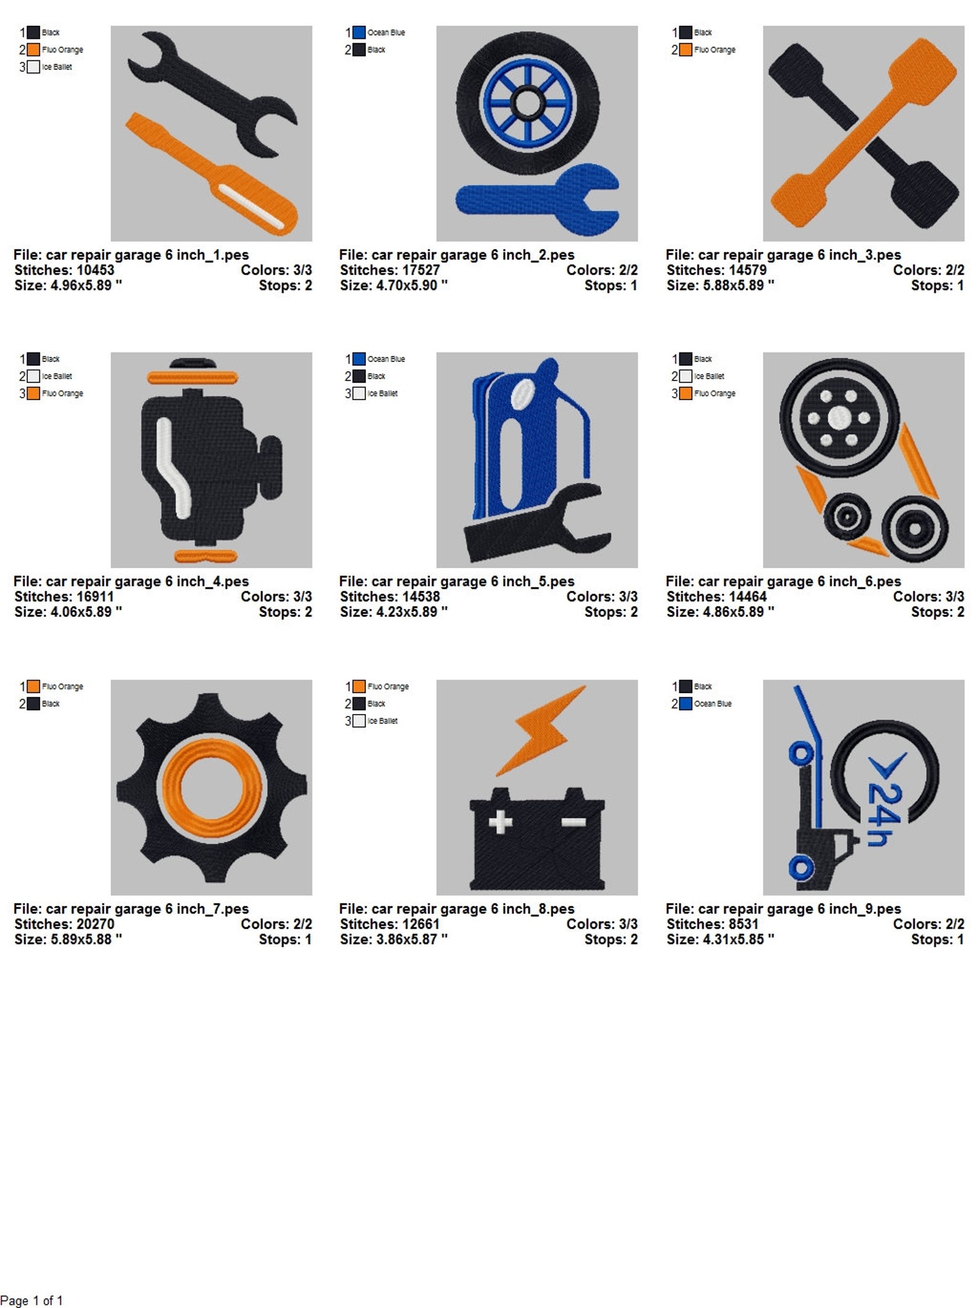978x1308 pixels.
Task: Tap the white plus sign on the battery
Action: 500,822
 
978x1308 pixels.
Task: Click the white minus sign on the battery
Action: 573,822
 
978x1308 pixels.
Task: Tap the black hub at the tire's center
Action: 528,103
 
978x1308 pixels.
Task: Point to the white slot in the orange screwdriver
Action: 251,206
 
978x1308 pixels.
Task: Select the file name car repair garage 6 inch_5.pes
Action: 456,581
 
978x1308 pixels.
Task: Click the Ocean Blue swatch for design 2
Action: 359,33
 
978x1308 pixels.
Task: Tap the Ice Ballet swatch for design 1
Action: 33,67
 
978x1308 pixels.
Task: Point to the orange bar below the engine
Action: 205,556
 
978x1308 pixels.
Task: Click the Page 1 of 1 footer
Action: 31,1300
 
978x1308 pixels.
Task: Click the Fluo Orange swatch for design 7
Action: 33,686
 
